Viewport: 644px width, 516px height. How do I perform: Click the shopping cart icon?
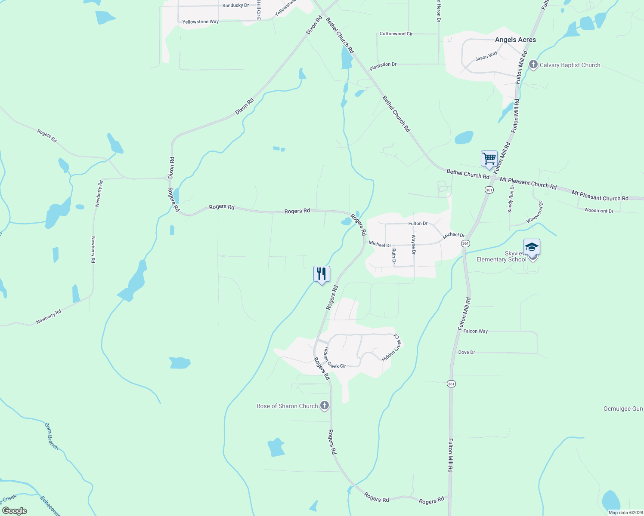[x=489, y=159]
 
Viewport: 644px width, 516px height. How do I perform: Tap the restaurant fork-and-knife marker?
[x=322, y=273]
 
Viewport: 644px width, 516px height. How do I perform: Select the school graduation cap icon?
[x=532, y=247]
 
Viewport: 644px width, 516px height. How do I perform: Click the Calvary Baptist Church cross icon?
[x=533, y=65]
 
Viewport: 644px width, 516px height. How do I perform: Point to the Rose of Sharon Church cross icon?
[x=325, y=405]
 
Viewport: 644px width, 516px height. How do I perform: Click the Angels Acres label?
[x=515, y=40]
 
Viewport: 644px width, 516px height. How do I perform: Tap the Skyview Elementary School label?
[x=501, y=257]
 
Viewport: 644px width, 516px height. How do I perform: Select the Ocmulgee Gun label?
[x=623, y=408]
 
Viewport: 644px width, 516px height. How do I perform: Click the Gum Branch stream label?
[x=51, y=436]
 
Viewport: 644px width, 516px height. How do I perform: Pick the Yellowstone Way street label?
[x=200, y=21]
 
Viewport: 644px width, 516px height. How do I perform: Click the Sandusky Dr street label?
[x=235, y=6]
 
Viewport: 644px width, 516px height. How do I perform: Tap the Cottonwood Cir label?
[x=396, y=34]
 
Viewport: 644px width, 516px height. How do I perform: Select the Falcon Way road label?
[x=475, y=331]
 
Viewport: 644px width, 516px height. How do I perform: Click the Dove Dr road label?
[x=467, y=352]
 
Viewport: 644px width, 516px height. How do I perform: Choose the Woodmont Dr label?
[x=598, y=211]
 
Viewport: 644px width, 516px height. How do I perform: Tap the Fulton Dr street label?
[x=418, y=224]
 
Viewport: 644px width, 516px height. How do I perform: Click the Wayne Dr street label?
[x=413, y=244]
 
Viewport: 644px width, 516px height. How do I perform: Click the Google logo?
[x=15, y=511]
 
